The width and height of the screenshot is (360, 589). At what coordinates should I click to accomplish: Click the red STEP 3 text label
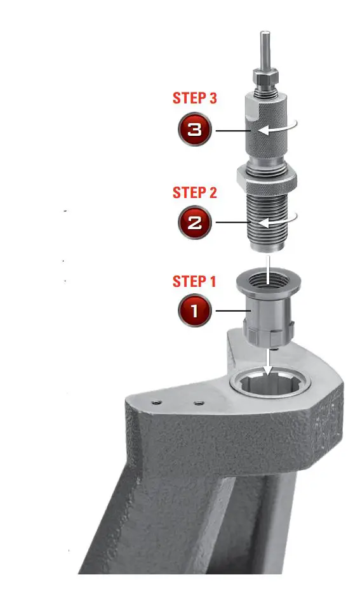[x=195, y=98]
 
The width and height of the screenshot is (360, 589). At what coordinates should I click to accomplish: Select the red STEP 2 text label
[x=195, y=192]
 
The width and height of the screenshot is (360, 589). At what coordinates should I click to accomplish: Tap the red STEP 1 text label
[x=195, y=281]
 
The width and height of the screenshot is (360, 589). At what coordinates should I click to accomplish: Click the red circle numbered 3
[x=195, y=130]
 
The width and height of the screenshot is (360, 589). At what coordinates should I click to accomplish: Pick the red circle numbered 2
[x=195, y=223]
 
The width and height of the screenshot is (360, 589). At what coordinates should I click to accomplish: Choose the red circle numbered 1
[x=195, y=311]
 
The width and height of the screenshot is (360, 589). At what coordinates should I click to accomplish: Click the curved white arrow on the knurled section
[x=280, y=129]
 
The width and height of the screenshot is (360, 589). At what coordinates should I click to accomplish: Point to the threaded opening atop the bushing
[x=267, y=280]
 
